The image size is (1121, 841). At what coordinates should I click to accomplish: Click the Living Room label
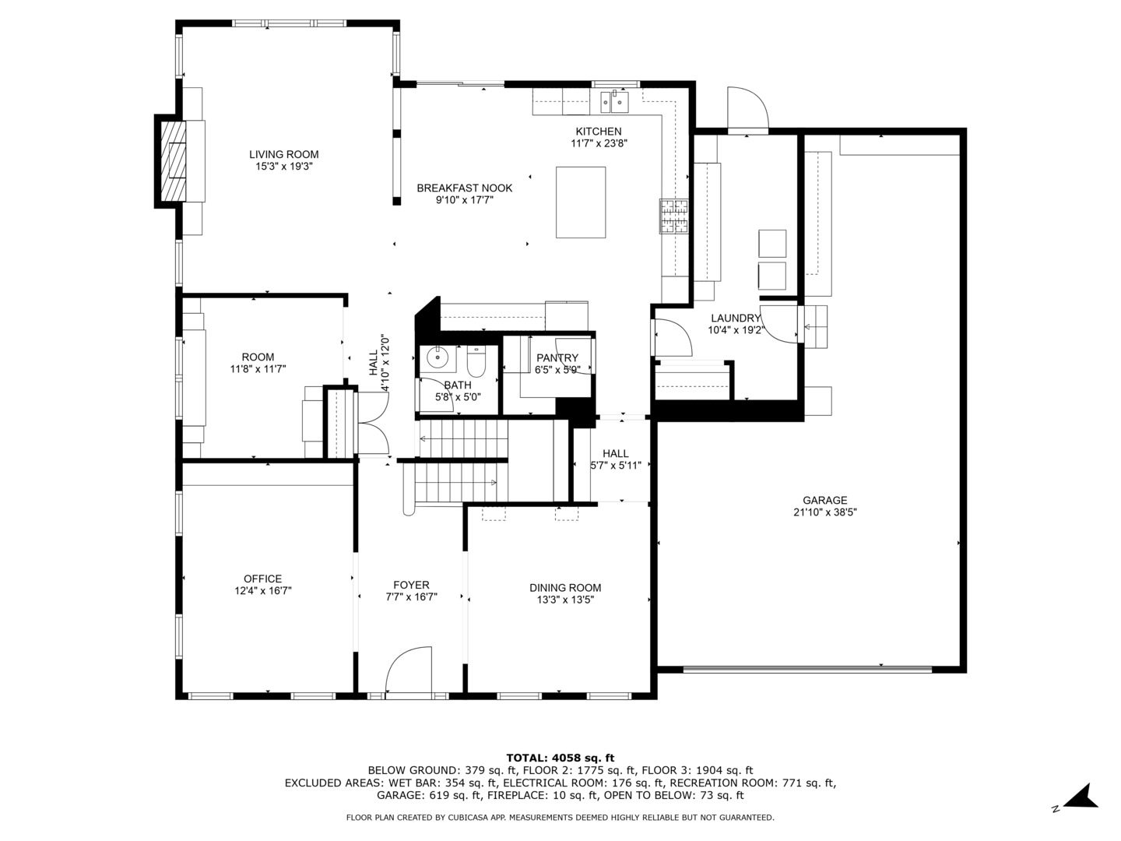[x=283, y=154]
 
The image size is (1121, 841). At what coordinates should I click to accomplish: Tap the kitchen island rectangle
[x=581, y=202]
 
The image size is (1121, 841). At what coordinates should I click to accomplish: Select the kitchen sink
[x=613, y=101]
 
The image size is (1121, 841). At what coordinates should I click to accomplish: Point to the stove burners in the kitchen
[x=673, y=216]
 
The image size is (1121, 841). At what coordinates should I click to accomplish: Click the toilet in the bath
[x=476, y=361]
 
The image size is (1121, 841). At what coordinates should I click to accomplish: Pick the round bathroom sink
[x=438, y=358]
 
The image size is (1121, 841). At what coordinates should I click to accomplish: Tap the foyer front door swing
[x=409, y=670]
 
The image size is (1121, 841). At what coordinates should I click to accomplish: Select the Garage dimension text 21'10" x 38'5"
[x=824, y=512]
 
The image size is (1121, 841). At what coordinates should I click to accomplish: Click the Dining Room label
[x=565, y=588]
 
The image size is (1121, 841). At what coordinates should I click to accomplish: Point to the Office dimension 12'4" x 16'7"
[x=263, y=591]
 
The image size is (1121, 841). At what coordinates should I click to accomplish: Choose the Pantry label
[x=557, y=358]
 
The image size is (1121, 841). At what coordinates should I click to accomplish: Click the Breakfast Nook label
[x=464, y=188]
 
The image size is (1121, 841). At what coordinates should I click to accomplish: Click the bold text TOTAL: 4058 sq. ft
[x=560, y=758]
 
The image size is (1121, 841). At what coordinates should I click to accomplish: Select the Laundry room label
[x=736, y=318]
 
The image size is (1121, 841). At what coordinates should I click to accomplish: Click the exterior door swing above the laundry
[x=747, y=110]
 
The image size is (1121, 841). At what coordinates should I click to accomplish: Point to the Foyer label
[x=411, y=585]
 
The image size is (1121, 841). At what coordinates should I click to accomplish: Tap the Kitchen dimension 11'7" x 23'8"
[x=599, y=143]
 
